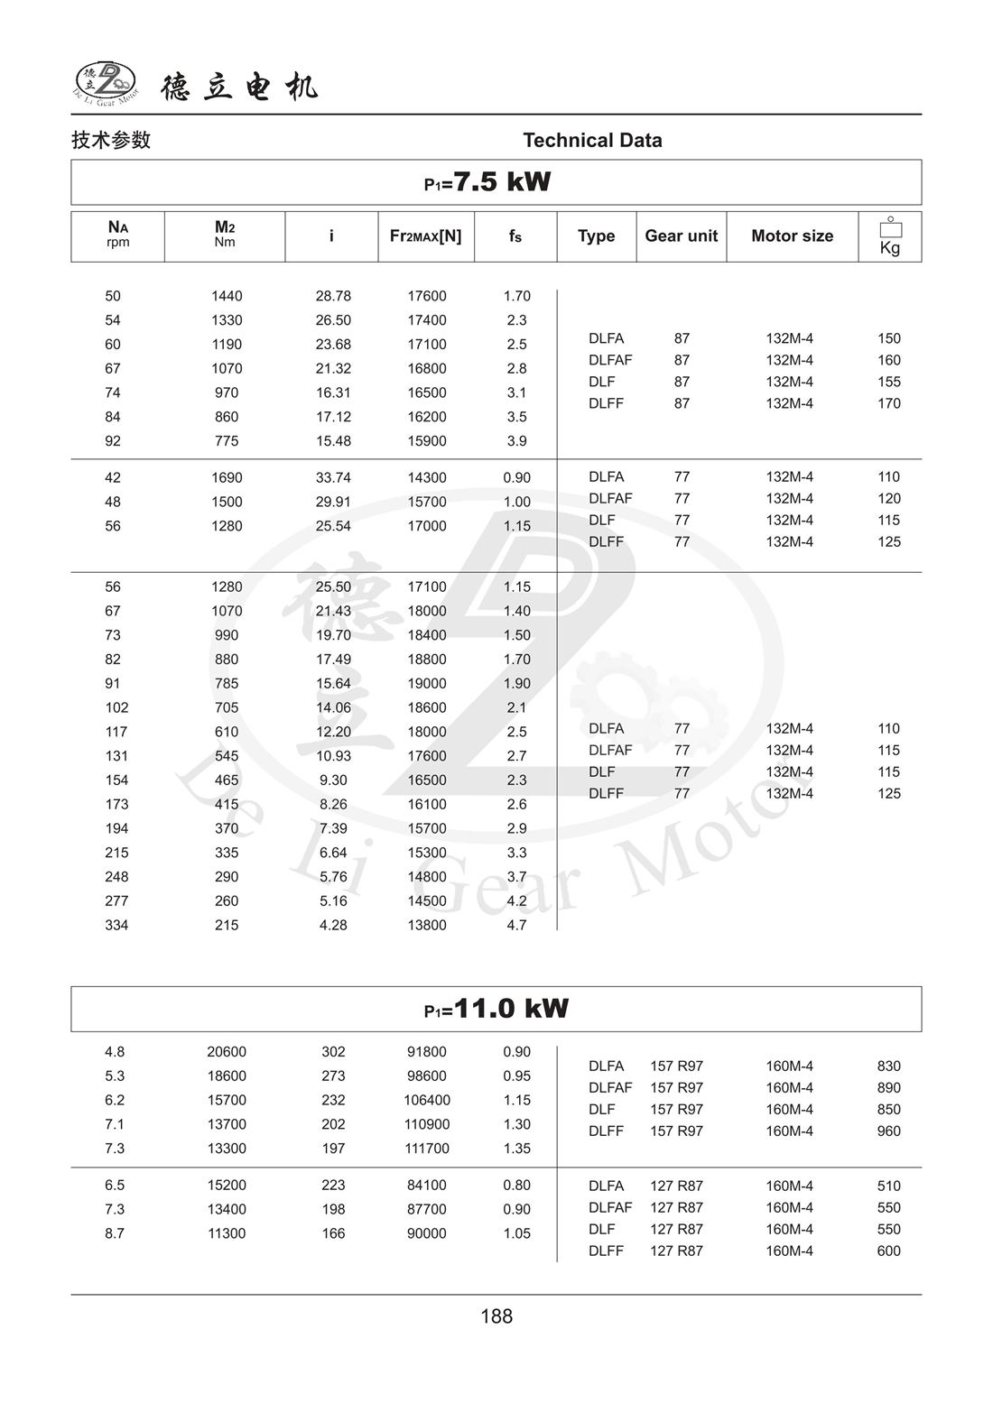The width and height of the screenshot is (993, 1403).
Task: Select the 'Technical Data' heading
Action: [592, 140]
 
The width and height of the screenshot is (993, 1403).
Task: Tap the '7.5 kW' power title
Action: [487, 181]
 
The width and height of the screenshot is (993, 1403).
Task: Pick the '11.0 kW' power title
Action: [496, 1008]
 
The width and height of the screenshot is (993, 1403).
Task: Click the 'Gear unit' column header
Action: [681, 235]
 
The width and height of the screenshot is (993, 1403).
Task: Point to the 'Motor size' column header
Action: [792, 235]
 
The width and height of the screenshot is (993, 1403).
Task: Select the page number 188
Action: [496, 1316]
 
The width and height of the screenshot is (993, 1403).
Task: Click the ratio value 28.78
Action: [333, 296]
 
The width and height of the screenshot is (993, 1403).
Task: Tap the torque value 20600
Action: [227, 1052]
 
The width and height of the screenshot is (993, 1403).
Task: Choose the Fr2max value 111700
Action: [426, 1149]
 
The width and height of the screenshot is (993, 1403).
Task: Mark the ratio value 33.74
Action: [333, 477]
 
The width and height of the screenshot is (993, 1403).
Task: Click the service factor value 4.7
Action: [516, 925]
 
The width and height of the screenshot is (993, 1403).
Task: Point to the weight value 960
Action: [888, 1131]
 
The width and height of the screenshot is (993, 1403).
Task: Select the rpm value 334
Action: [116, 925]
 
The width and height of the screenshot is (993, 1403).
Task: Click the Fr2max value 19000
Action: [426, 684]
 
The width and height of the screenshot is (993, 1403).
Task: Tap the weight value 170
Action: [888, 403]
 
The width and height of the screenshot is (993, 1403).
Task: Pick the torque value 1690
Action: [227, 477]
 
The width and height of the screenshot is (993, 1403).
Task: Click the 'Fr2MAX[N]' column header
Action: [425, 235]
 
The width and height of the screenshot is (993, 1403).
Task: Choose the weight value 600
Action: [888, 1251]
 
